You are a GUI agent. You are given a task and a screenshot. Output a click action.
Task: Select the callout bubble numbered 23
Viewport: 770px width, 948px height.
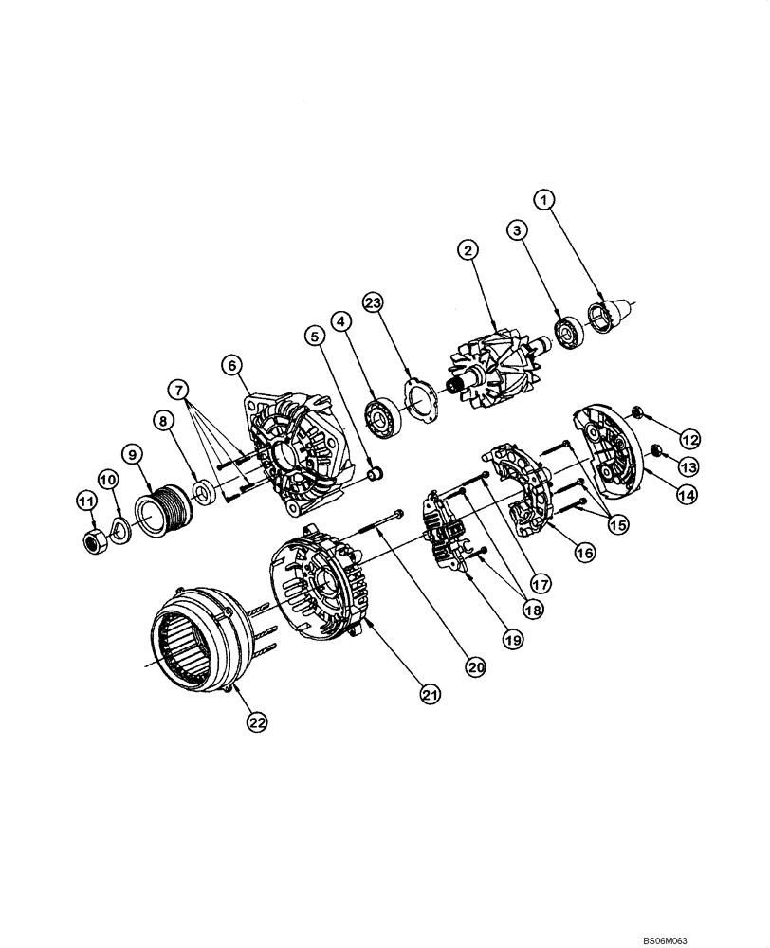tap(373, 303)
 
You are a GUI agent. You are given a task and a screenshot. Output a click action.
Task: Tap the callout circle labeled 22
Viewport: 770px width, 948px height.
tap(258, 721)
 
